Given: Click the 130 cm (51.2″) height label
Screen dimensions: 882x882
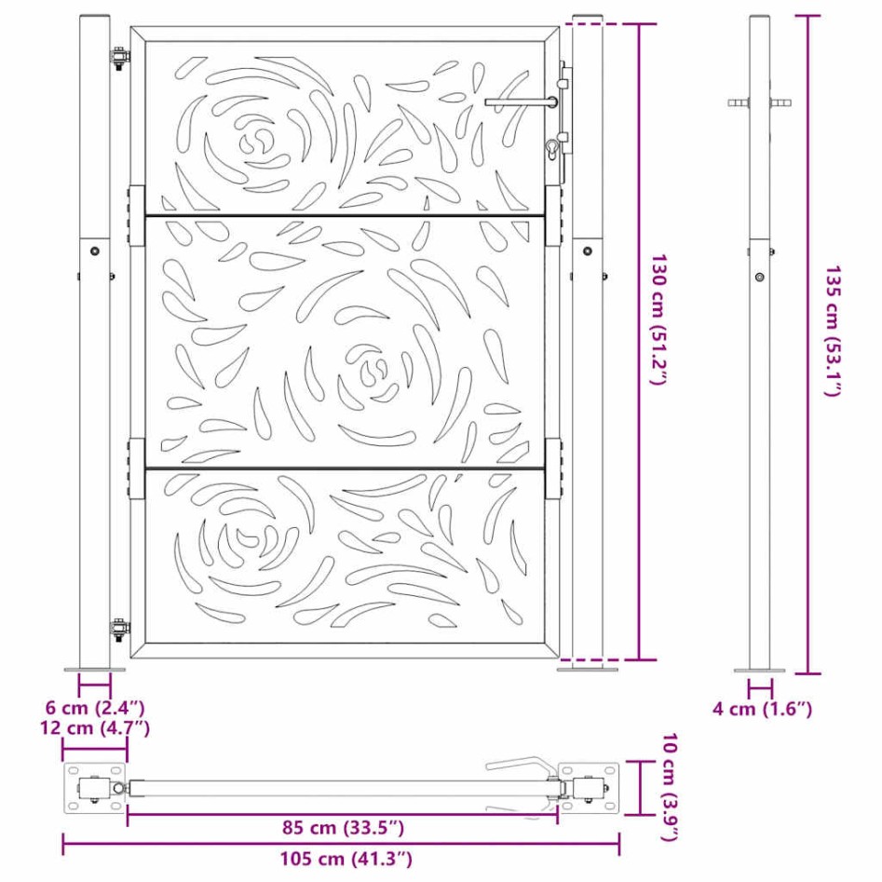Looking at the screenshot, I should click(x=658, y=319).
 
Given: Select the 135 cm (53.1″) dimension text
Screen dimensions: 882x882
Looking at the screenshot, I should click(x=832, y=331).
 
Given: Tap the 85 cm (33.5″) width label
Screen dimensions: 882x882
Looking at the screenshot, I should click(x=343, y=827).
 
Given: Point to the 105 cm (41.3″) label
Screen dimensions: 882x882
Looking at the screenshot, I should click(x=343, y=858).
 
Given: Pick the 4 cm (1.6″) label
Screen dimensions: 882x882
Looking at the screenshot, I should click(x=762, y=710).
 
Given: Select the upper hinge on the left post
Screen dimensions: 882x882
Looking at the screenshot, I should click(x=119, y=58).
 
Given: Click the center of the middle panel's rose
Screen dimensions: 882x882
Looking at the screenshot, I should click(x=373, y=368).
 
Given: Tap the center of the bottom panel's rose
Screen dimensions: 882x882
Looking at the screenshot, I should click(x=250, y=540).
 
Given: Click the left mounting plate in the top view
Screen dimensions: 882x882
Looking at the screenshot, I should click(x=93, y=789).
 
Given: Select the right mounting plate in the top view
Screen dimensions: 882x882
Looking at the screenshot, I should click(x=589, y=789).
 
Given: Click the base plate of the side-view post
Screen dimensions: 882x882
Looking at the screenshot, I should click(x=759, y=670).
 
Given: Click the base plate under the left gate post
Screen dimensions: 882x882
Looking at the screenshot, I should click(x=94, y=668).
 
